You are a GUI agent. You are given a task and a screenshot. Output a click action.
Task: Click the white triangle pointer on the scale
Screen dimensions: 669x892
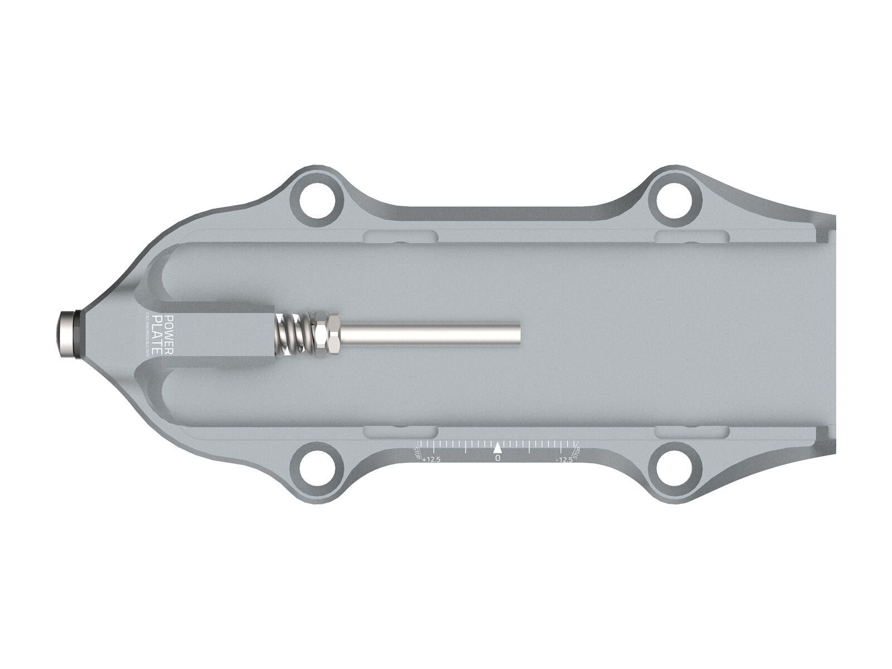498,447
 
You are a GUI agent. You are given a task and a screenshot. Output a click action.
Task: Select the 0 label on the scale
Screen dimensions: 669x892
498,458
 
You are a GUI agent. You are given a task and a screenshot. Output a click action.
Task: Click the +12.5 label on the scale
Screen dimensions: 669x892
432,460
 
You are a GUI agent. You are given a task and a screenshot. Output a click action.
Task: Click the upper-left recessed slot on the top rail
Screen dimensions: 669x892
399,236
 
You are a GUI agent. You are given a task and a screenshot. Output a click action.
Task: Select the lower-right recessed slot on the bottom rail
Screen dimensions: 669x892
691,432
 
